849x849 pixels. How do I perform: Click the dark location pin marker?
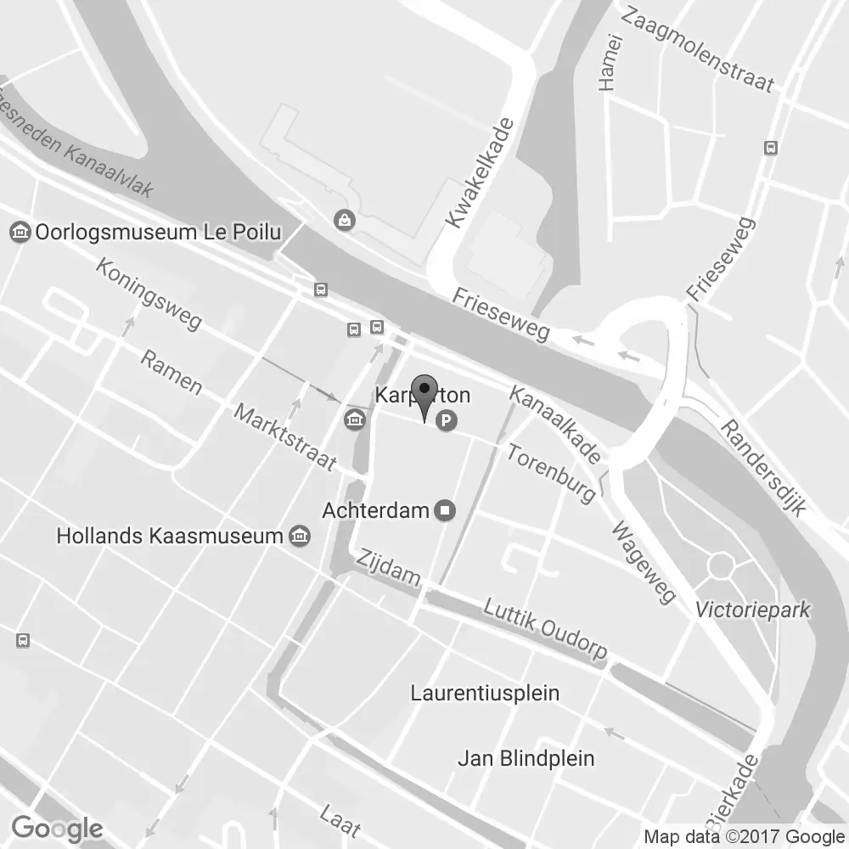(x=424, y=393)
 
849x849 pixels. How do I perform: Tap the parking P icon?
(x=446, y=419)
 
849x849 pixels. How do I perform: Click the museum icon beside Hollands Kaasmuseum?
(x=300, y=536)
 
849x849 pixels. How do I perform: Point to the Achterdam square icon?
(x=445, y=510)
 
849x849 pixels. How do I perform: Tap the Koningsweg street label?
(x=149, y=294)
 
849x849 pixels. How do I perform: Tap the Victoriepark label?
(x=752, y=610)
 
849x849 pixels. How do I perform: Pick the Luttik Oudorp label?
(x=545, y=628)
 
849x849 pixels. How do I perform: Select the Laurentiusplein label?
(x=485, y=693)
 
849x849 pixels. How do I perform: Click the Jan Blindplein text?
(x=526, y=758)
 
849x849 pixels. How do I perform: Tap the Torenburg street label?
(x=551, y=471)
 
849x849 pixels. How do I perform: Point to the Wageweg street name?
(x=644, y=561)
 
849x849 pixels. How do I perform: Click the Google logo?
(x=58, y=828)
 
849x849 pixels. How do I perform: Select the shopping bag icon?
(x=346, y=220)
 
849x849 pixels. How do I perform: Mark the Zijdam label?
(x=389, y=567)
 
